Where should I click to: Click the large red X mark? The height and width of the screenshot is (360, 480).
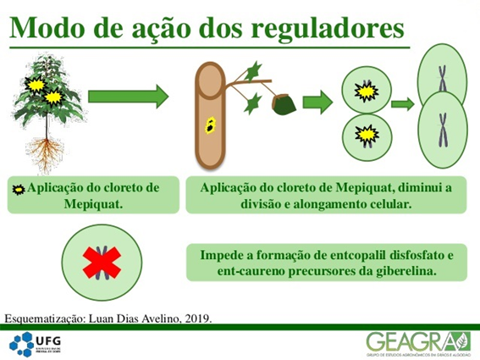point(103,262)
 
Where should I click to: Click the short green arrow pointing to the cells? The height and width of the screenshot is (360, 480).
point(317,102)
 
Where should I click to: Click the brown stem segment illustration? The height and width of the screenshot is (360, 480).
point(208,114)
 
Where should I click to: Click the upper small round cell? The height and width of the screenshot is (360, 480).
point(366,88)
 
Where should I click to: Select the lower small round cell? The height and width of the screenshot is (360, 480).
point(366,133)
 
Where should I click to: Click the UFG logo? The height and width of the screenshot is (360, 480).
point(37,342)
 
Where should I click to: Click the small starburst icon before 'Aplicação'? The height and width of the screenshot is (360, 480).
point(18,187)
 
